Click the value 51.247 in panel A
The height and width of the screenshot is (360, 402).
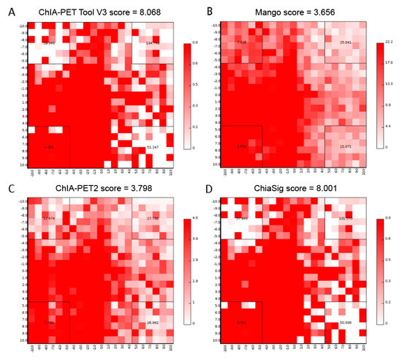coord(153,147)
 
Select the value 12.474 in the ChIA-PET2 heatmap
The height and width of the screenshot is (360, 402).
coord(49,218)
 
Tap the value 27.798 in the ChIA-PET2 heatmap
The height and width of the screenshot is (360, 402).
coord(153,218)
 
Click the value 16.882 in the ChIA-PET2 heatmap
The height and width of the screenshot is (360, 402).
coord(153,322)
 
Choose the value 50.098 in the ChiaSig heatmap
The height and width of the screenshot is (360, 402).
coord(346,322)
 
